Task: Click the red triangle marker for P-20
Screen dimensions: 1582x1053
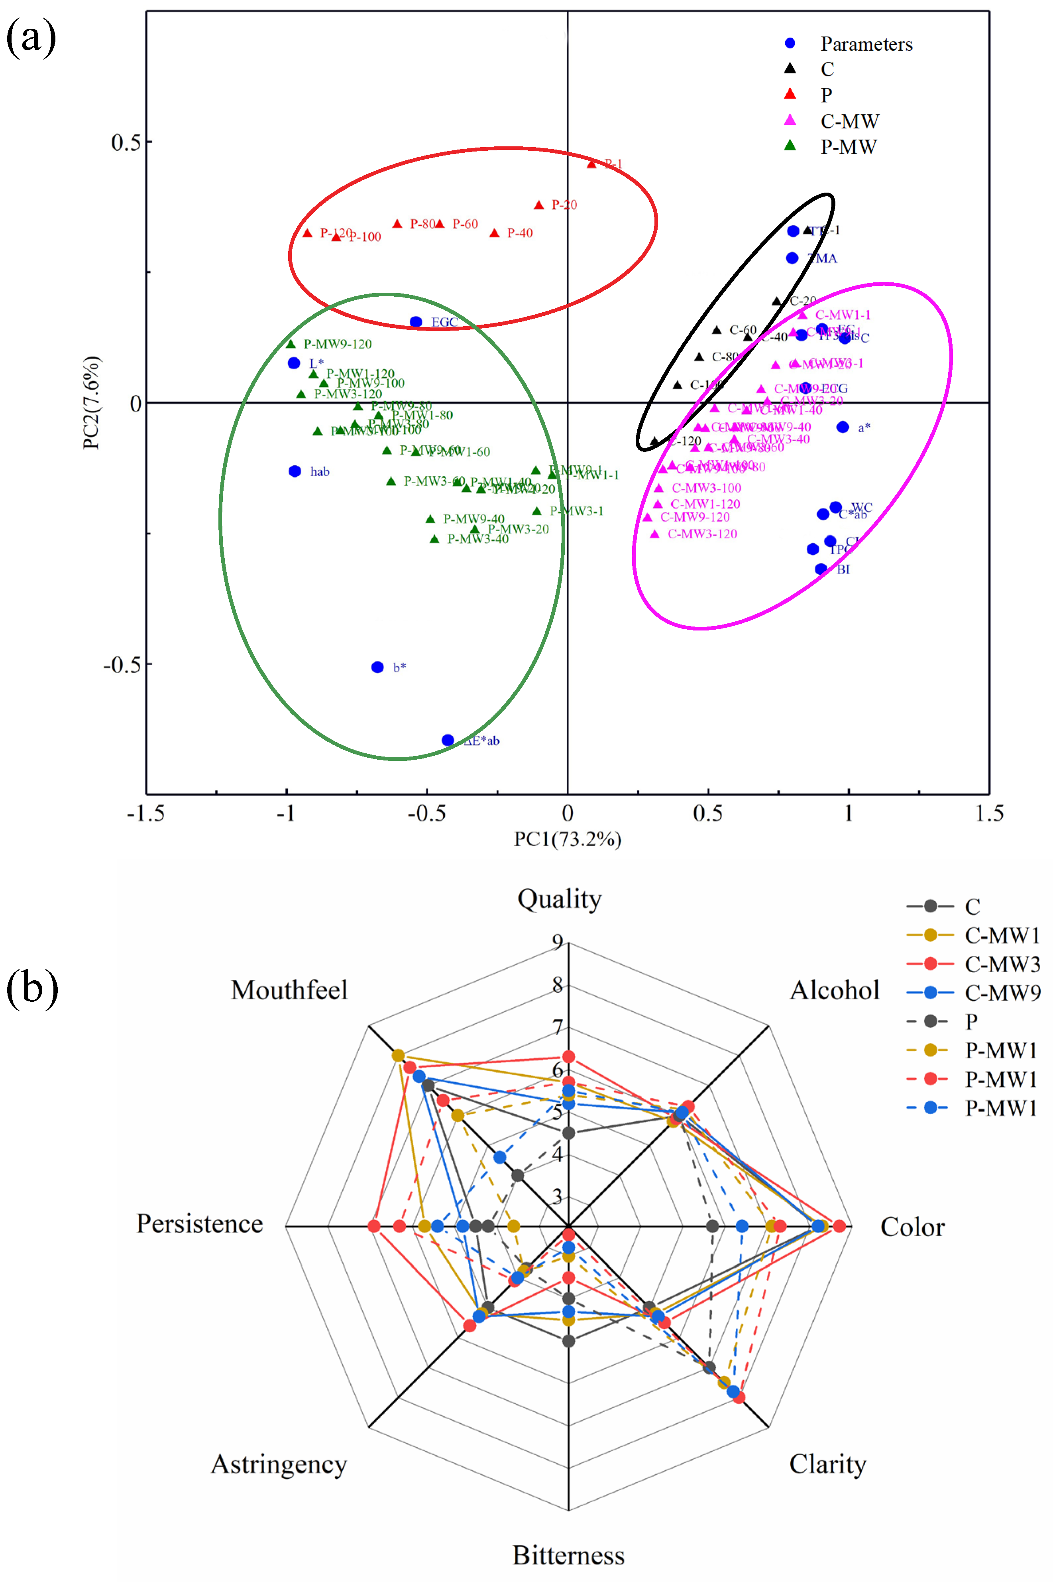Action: [x=538, y=205]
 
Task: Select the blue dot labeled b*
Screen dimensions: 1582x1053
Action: [x=377, y=667]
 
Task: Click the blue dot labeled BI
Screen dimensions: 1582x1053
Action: [x=821, y=569]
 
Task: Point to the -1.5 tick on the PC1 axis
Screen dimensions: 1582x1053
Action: [x=146, y=814]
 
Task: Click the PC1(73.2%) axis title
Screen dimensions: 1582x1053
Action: [x=568, y=839]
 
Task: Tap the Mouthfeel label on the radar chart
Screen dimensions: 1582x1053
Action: [x=289, y=990]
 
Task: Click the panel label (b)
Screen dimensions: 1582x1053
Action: [x=31, y=989]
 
